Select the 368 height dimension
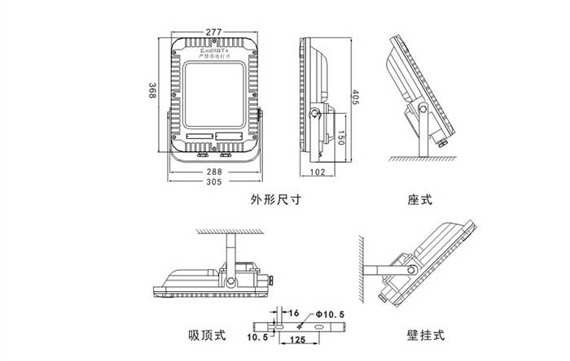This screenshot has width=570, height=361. coord(152,90)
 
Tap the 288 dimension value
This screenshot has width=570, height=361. coord(214,172)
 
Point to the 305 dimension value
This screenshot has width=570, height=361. coord(214,183)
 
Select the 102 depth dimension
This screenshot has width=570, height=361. coord(318,172)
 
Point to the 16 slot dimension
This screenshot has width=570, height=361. coord(293,311)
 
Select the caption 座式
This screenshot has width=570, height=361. coord(420,200)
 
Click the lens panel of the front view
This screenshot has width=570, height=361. coord(214,98)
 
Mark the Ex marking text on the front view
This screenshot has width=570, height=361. coord(214,50)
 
